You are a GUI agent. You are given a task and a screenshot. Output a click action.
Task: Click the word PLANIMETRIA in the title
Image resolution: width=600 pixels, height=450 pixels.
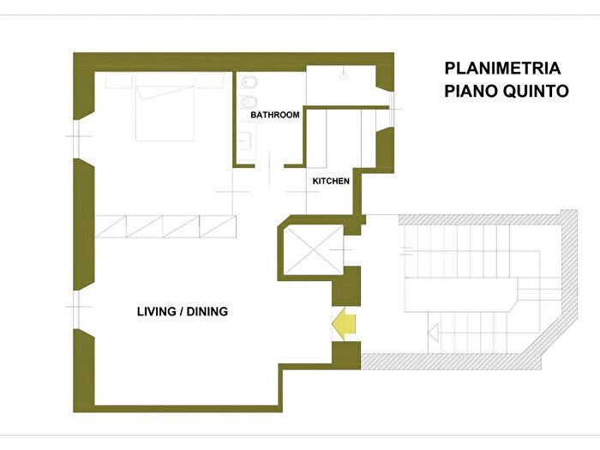coord(502,69)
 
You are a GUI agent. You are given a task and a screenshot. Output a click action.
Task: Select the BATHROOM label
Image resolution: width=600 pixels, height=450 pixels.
coord(275,115)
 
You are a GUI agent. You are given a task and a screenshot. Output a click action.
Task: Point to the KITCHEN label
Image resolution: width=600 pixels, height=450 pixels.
coord(331,181)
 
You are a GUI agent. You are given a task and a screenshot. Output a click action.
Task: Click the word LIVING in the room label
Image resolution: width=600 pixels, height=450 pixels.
coord(157,311)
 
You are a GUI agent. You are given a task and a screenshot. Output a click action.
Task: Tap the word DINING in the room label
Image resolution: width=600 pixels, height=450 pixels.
coord(207,311)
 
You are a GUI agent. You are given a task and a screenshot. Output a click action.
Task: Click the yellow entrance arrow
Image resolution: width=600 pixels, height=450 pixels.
coord(344,324)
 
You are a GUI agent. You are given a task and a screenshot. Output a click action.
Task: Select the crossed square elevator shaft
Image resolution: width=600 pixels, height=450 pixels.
coord(315,249)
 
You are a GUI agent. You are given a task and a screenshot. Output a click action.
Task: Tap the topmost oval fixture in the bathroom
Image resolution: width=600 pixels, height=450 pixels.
coord(249,82)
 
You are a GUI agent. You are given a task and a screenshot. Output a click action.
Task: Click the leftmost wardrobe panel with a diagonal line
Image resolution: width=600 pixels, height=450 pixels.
coord(111,226)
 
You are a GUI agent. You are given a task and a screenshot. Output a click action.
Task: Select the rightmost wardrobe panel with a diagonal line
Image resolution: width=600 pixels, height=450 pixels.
coord(218,226)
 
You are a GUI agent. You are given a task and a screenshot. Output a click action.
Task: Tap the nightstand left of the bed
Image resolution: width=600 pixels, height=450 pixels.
coord(119,81)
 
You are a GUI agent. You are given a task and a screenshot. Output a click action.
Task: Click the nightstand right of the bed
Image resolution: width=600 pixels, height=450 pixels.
coord(210,81)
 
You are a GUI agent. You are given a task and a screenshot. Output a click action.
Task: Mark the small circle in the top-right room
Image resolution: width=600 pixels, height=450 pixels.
coord(344,75)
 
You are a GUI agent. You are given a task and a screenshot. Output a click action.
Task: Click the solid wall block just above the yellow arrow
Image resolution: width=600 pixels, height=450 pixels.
coord(346,286)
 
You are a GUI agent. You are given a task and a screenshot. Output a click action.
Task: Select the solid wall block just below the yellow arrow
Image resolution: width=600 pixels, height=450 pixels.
coord(346,356)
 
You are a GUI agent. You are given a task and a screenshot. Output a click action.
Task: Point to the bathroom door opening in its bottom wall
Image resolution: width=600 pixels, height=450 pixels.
coord(269,166)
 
